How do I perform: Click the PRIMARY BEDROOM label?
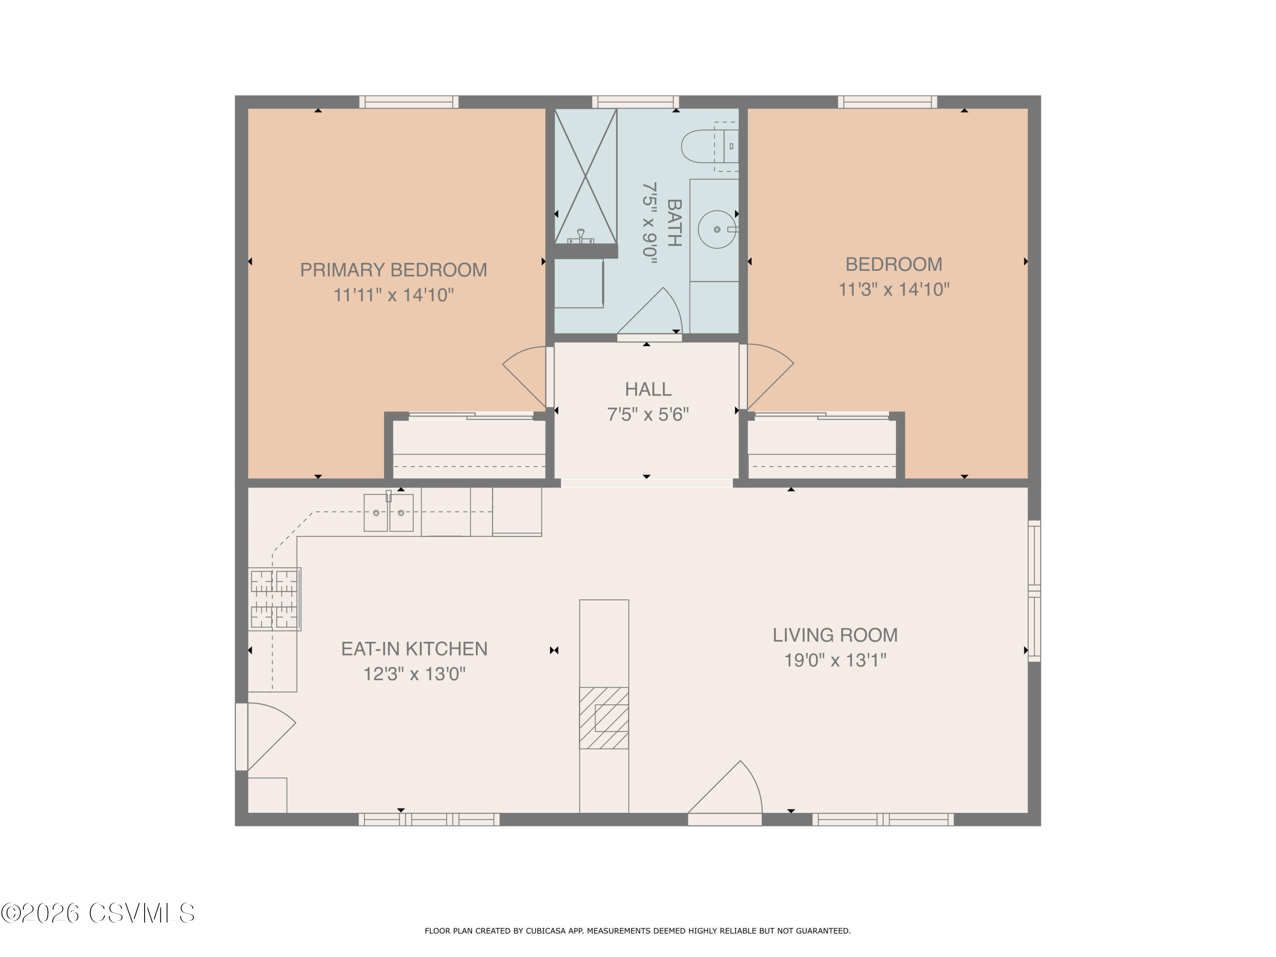(393, 270)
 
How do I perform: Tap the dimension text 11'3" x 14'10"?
(894, 289)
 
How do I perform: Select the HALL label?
(648, 389)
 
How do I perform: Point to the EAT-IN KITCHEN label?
(414, 649)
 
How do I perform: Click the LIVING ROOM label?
(835, 635)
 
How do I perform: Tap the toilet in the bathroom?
(709, 146)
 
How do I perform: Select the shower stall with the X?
(586, 176)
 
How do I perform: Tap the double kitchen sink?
(388, 512)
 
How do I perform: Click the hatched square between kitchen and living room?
(604, 718)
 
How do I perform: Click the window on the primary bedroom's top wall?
(409, 102)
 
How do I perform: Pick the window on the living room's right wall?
(1034, 591)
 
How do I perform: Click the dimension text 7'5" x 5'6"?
(648, 414)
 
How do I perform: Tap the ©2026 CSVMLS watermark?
(98, 913)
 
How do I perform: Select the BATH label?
(674, 223)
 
